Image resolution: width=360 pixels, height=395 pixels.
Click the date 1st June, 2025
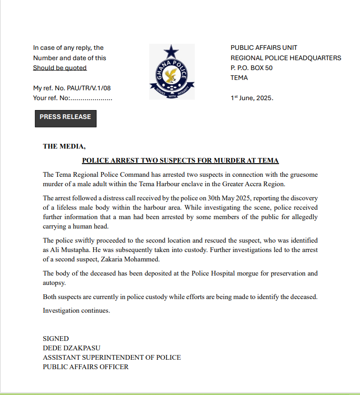tap(252, 98)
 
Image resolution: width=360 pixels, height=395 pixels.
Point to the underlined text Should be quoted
tap(60, 68)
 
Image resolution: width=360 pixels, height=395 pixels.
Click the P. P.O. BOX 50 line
tap(251, 68)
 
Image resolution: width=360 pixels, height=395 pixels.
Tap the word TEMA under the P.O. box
tap(239, 78)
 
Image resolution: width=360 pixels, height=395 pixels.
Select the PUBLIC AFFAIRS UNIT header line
tap(264, 47)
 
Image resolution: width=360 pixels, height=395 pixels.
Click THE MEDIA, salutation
tap(64, 146)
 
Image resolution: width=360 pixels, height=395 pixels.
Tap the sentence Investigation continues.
tap(76, 310)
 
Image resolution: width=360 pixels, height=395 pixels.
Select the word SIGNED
tap(56, 339)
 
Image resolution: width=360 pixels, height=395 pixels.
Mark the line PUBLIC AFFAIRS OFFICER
tap(86, 367)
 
